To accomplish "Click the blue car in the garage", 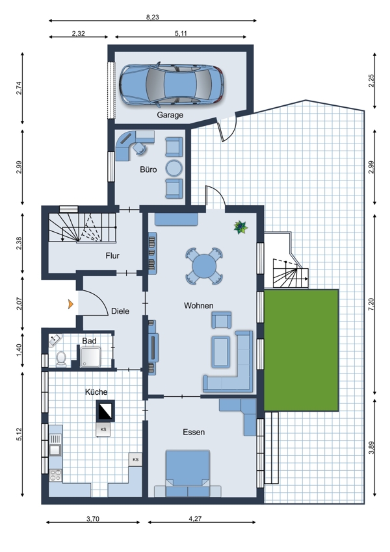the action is coord(171,85).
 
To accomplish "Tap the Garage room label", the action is coord(170,115).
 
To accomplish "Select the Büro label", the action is coord(148,169).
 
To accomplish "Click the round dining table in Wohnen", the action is coord(204,266).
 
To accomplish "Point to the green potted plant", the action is coord(240,227).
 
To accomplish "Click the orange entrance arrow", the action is coord(71,304).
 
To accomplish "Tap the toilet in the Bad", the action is coord(61,358).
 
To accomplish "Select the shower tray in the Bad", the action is coord(90,357).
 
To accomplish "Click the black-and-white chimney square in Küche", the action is coord(105,410).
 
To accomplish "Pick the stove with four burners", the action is coord(55,475).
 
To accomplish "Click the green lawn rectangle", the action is coord(301,350).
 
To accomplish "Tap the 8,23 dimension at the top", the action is coord(153,17).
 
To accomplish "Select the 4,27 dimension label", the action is coord(195,518).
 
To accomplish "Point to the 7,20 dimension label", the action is coord(371,304).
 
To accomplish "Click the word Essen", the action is coord(194,432).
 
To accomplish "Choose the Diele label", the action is coord(120,311).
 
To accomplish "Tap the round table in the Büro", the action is coord(174,168).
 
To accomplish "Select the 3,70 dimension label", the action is coord(93,518).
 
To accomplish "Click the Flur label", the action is coord(112,256).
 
